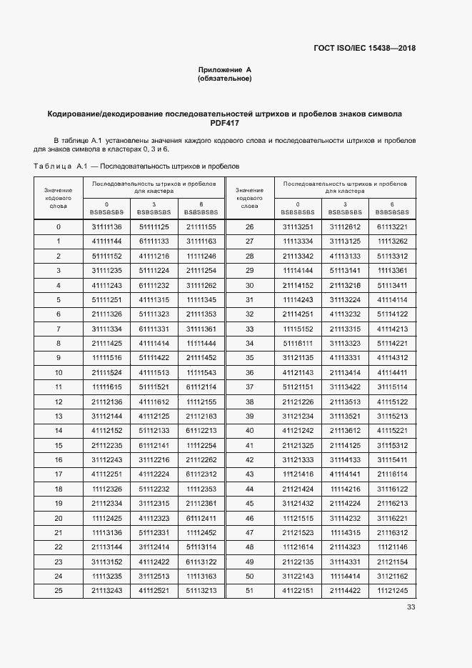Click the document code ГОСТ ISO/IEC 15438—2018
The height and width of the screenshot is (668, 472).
(x=365, y=49)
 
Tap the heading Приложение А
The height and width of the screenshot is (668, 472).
(x=225, y=69)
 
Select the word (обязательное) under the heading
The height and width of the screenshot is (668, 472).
(x=225, y=79)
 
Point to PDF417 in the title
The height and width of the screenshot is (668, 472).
(x=225, y=123)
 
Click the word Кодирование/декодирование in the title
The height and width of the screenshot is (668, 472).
(x=105, y=113)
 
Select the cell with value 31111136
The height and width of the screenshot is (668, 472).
(x=107, y=227)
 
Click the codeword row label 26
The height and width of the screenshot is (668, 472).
(x=249, y=227)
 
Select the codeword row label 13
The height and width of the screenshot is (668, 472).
(x=59, y=416)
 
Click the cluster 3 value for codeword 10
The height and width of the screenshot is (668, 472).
(x=154, y=372)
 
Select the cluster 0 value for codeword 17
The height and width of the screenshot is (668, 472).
(x=107, y=474)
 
